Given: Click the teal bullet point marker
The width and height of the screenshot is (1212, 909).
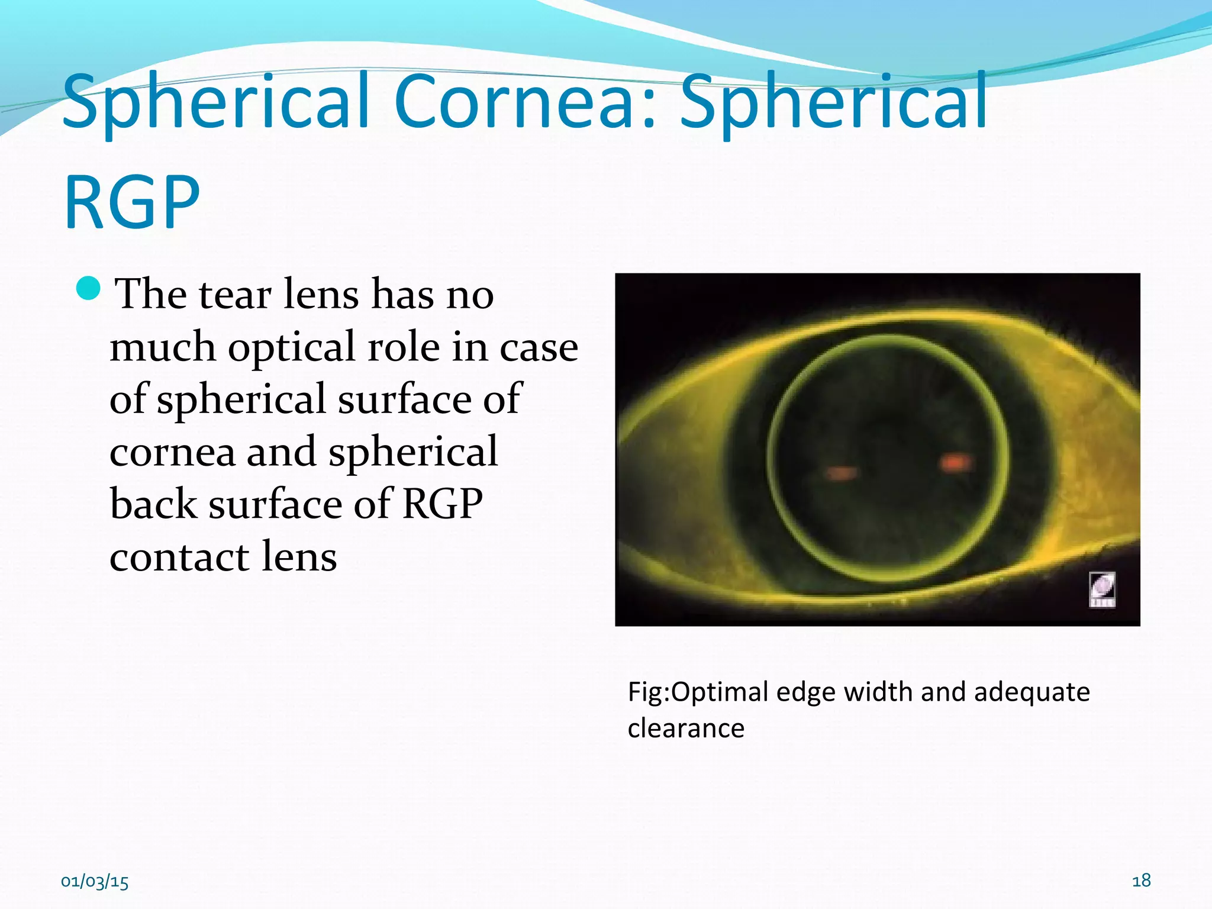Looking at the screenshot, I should point(89,288).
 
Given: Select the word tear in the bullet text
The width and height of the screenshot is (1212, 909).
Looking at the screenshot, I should point(235,294).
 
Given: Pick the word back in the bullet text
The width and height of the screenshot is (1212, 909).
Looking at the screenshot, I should point(153,504).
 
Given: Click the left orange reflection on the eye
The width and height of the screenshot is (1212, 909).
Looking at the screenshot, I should point(840,473).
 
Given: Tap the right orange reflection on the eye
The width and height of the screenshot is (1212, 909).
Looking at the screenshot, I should point(955,462).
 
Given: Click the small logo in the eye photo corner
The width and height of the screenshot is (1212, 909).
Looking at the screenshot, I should point(1102,589).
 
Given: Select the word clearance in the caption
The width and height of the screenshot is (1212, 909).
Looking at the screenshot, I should point(686,728).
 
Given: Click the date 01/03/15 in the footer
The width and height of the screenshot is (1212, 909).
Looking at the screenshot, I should point(95,882).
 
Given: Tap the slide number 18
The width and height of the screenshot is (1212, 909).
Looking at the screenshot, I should point(1141,881).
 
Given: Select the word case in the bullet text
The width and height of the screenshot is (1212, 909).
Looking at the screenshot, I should point(539,348).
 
